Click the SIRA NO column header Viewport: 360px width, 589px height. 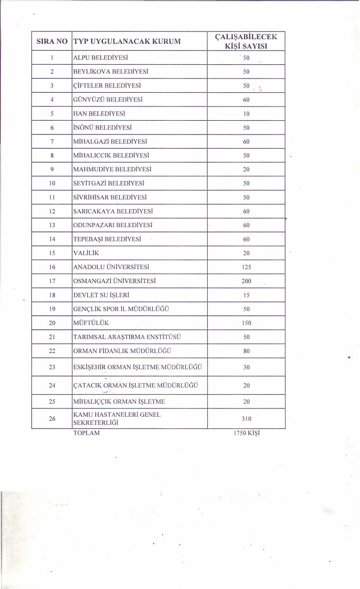[52, 42]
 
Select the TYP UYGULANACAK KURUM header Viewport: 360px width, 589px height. [126, 42]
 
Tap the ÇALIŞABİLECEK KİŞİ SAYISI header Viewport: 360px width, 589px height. [247, 42]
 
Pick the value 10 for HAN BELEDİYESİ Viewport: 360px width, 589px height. [247, 113]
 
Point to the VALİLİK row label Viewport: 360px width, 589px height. [87, 253]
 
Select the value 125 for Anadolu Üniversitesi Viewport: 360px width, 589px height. [247, 268]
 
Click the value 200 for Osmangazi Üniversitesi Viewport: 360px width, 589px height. [247, 281]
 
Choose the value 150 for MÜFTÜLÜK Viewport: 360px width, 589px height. [247, 323]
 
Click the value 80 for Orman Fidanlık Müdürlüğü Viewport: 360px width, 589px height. [247, 351]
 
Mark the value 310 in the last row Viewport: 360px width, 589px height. [247, 419]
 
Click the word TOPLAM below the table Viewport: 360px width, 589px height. [86, 434]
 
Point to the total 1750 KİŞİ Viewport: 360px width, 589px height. [247, 434]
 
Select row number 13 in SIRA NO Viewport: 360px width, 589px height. [52, 225]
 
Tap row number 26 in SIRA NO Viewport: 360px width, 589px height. [52, 419]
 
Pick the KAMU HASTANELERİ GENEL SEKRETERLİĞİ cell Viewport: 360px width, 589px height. [117, 419]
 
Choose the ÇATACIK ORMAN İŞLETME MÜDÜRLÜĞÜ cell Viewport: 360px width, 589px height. [135, 385]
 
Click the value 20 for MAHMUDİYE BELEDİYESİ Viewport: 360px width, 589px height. [247, 169]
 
